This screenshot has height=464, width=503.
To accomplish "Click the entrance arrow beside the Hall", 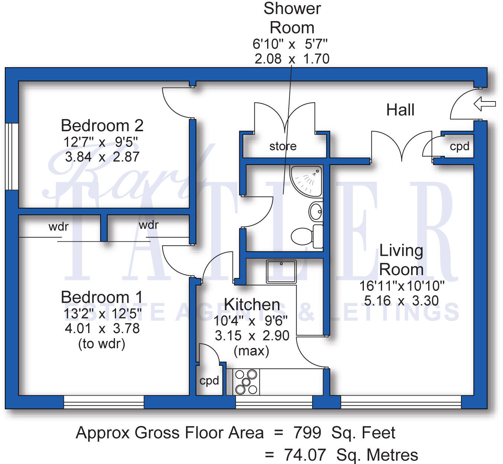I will click(484, 104).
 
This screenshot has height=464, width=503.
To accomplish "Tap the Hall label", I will click(400, 110).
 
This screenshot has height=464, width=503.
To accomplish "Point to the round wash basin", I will click(316, 212).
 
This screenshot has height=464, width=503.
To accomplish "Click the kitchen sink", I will click(281, 271).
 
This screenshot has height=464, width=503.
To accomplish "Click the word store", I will click(283, 146).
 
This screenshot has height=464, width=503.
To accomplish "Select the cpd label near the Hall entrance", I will click(459, 146).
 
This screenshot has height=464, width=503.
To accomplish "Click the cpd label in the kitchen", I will click(209, 381).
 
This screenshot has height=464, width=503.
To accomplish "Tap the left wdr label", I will click(58, 226).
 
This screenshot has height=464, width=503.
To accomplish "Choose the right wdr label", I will click(148, 225).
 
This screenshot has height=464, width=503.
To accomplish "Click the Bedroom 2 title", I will click(102, 126).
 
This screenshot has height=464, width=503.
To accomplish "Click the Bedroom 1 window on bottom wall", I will click(104, 402).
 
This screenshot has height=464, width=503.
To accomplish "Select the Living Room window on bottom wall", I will click(401, 402).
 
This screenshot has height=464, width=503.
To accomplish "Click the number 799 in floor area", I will click(307, 433).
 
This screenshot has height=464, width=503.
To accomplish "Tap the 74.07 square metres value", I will click(305, 455).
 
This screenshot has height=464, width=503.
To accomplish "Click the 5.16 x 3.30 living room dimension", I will click(401, 300).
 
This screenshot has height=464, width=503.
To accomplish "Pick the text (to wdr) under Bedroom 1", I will click(102, 344).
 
